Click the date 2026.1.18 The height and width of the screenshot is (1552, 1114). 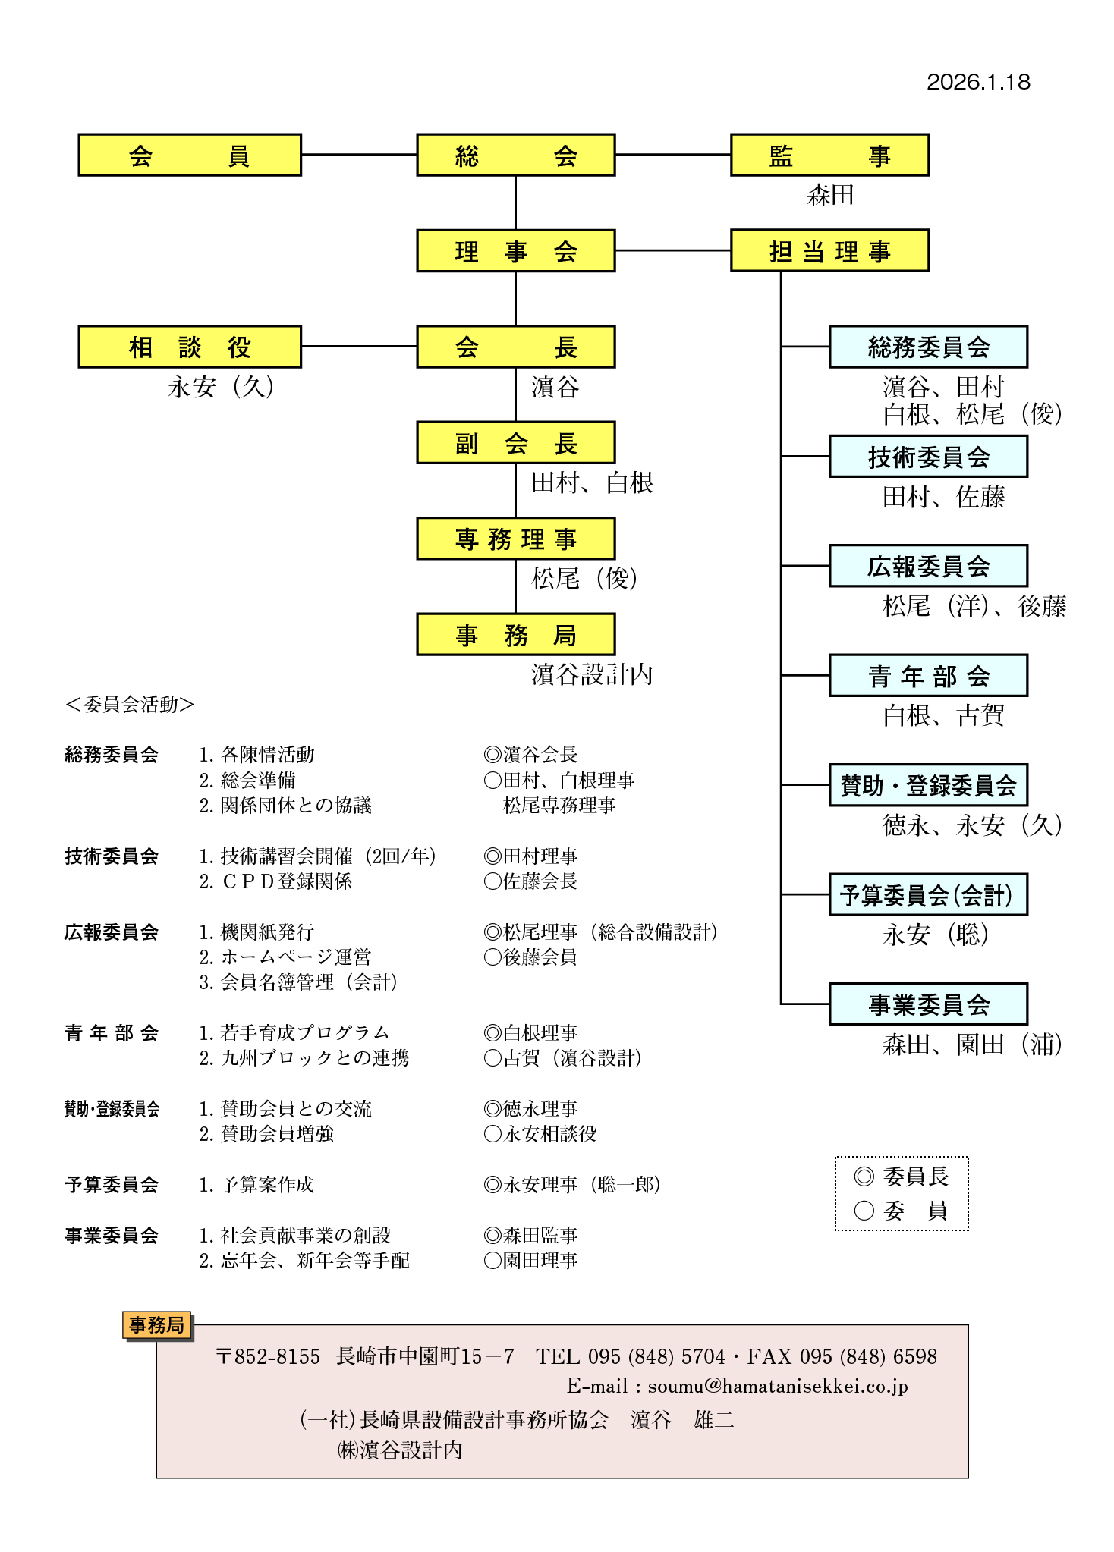pos(977,82)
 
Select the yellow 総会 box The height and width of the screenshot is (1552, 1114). pos(515,156)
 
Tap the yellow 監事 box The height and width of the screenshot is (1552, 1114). pos(829,156)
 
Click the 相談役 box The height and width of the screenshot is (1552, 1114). pos(190,347)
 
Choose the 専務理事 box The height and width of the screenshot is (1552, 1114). pos(515,539)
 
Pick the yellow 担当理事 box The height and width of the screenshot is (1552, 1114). pos(829,251)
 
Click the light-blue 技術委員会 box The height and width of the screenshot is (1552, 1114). pos(927,457)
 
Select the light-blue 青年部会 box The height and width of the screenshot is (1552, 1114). pos(927,675)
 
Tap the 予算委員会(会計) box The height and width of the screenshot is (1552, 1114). pos(927,894)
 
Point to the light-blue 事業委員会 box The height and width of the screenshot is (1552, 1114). pos(927,1004)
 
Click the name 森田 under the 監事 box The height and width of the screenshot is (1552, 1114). pos(829,195)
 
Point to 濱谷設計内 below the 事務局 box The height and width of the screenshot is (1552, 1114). pos(591,674)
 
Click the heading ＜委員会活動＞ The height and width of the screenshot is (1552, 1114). pos(130,705)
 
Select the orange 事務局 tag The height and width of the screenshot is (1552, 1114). pos(156,1325)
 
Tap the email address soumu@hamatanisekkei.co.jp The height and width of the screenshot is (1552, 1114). pos(777,1387)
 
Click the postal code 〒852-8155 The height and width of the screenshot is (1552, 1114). pos(268,1356)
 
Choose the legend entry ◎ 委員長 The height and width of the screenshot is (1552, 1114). pos(901,1177)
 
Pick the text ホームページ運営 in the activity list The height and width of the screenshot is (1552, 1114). pos(295,957)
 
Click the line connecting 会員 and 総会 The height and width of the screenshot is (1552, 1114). pos(359,155)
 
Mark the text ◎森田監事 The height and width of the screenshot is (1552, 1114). pos(530,1236)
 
